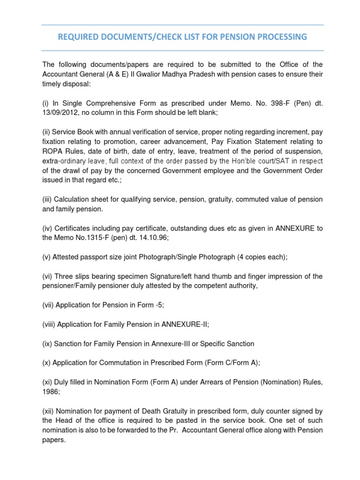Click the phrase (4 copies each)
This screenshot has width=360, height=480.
[x=261, y=257]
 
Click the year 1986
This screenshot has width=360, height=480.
[x=51, y=391]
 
